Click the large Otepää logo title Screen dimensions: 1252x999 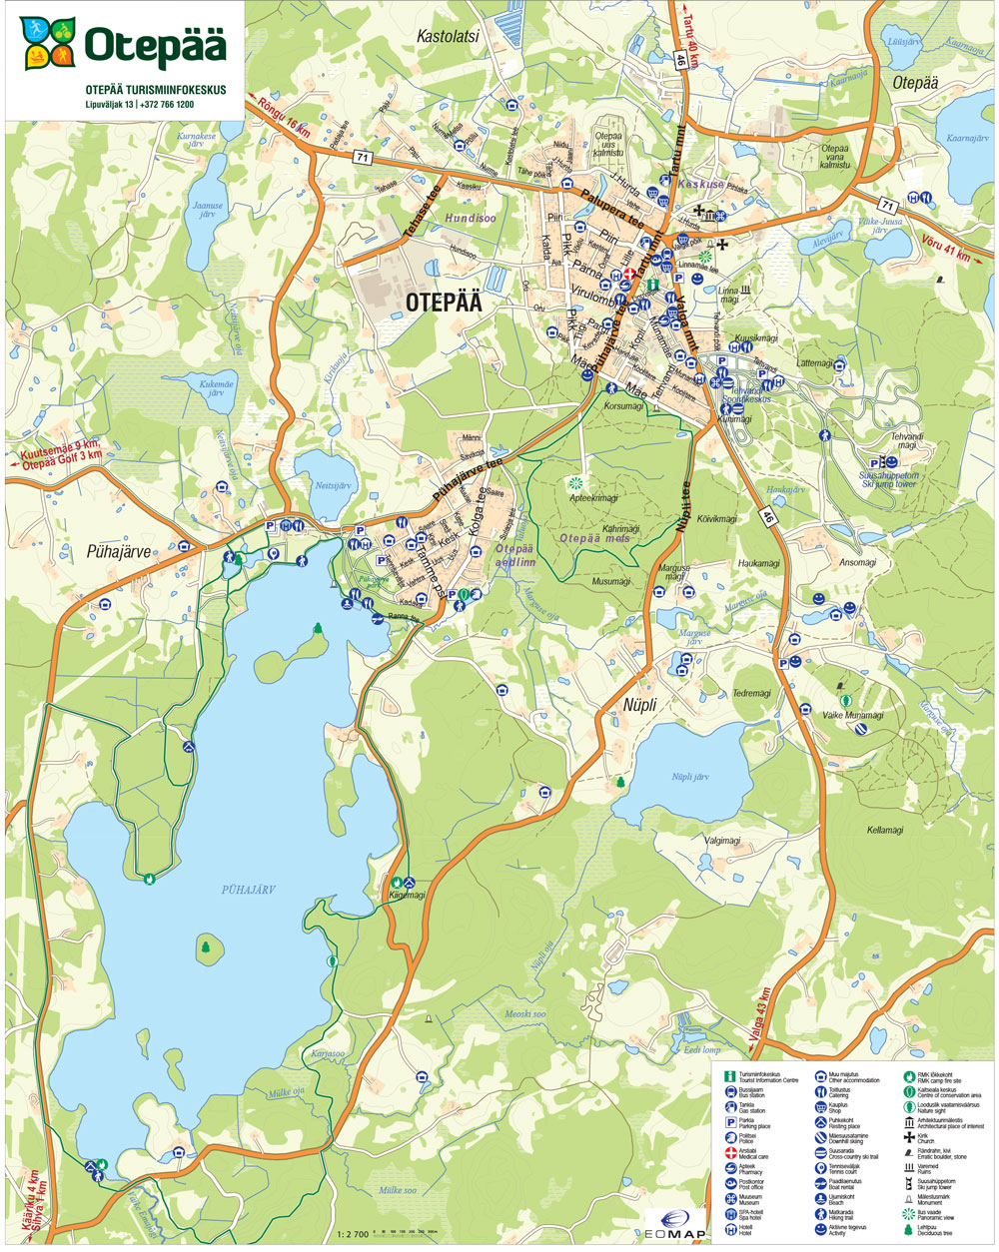[155, 45]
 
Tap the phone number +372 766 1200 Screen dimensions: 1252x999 [167, 104]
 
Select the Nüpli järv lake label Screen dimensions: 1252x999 [689, 776]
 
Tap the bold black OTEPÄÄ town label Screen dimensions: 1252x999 [445, 304]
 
